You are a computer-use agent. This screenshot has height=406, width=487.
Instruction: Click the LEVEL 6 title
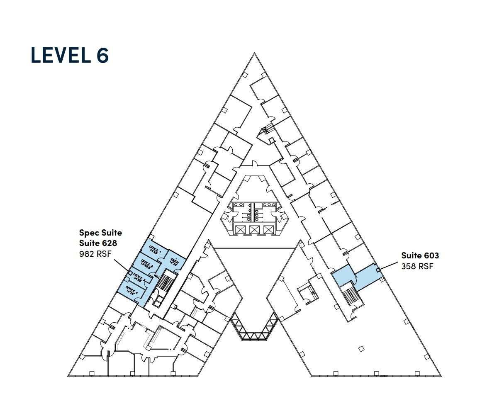tap(70, 56)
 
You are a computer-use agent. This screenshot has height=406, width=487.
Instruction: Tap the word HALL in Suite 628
tap(157, 276)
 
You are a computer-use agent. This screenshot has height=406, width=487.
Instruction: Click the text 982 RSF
tap(95, 254)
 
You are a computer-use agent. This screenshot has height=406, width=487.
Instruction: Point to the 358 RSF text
tap(417, 266)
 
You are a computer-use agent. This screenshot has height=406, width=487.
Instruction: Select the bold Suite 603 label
tap(420, 255)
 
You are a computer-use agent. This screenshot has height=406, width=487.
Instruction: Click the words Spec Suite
tap(100, 233)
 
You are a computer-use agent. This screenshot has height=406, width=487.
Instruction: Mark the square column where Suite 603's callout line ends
tap(377, 271)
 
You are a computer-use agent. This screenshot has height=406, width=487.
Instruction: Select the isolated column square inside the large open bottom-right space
tap(361, 349)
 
